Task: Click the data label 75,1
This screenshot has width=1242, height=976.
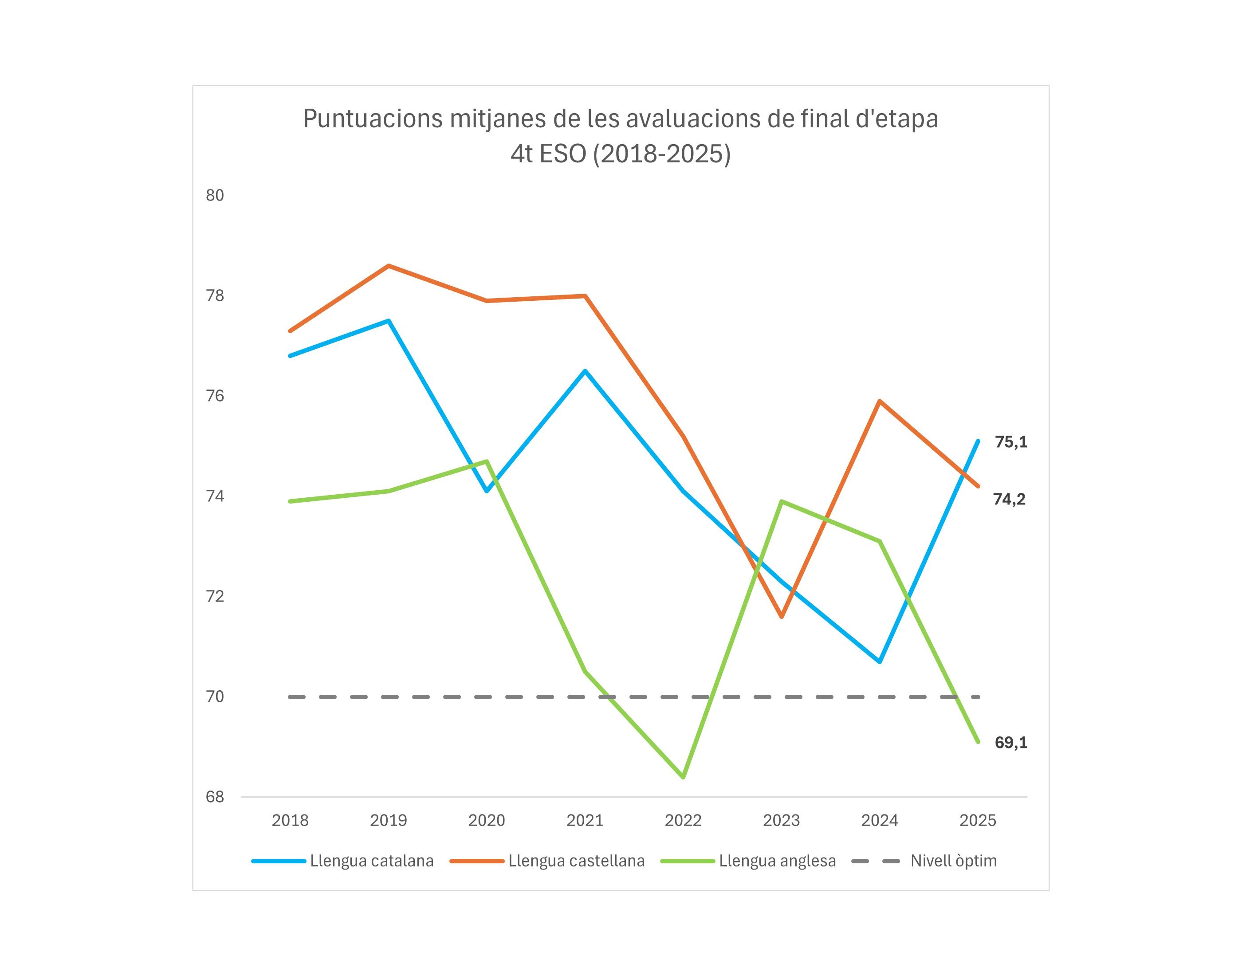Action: [x=1010, y=442]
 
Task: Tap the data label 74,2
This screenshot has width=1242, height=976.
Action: [x=1009, y=500]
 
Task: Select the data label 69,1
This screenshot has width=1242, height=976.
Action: [x=1010, y=742]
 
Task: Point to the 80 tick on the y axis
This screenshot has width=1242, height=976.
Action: [x=215, y=196]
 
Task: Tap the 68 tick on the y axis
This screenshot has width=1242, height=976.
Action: [x=215, y=797]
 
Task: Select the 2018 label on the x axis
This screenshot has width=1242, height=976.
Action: [x=290, y=821]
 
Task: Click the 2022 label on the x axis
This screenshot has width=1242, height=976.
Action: [x=683, y=821]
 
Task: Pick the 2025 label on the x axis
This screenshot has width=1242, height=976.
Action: [x=978, y=821]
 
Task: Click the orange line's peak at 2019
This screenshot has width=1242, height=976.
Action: [x=389, y=266]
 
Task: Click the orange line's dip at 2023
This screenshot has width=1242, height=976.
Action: [x=782, y=617]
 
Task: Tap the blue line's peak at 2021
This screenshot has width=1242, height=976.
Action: [x=585, y=371]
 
